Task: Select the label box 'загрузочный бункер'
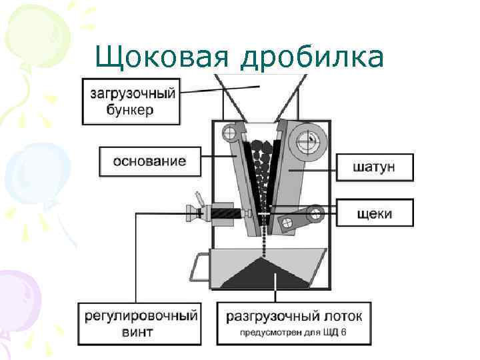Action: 131,102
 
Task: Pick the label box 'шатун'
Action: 374,167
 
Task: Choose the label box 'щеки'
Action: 374,213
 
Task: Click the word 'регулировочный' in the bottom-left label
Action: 140,315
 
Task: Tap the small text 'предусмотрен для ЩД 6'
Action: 294,333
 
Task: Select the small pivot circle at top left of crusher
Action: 230,133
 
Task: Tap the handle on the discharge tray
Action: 198,268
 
